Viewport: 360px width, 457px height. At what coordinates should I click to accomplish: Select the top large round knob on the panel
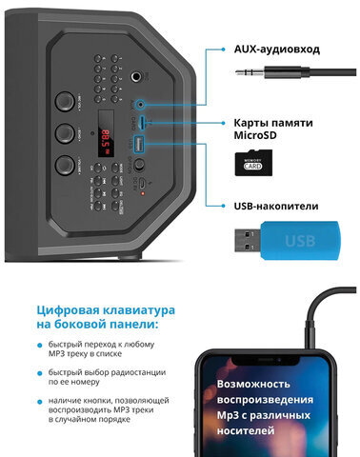[65, 99]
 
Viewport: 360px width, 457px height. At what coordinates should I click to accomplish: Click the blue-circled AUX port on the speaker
[142, 103]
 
